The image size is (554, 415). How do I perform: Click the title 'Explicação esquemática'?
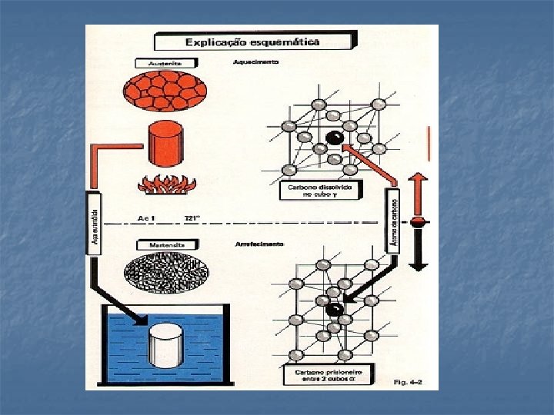pyautogui.click(x=254, y=42)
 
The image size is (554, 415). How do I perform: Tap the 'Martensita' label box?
pyautogui.click(x=167, y=244)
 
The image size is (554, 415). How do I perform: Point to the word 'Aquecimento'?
pyautogui.click(x=256, y=61)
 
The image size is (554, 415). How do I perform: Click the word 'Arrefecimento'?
pyautogui.click(x=259, y=244)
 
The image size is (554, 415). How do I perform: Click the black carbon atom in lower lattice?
pyautogui.click(x=333, y=310)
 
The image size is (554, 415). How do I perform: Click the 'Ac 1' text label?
pyautogui.click(x=146, y=218)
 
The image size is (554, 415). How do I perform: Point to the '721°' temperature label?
pyautogui.click(x=192, y=218)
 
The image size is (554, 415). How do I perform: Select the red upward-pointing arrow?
pyautogui.click(x=417, y=192)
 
